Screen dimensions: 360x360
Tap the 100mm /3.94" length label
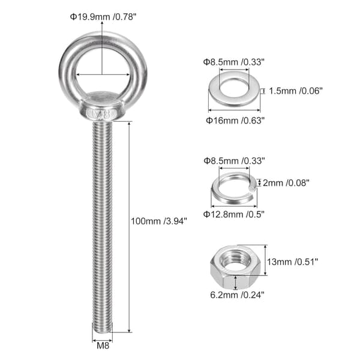click(159, 221)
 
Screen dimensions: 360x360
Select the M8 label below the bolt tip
click(103, 346)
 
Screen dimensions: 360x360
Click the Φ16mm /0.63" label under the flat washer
click(235, 121)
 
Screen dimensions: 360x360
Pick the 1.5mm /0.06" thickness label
click(296, 91)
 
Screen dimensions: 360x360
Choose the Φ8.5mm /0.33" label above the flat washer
click(234, 62)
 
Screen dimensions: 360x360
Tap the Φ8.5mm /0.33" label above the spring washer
click(234, 161)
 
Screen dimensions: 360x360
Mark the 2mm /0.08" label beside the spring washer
click(286, 183)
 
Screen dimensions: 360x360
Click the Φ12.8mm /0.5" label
click(234, 214)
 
